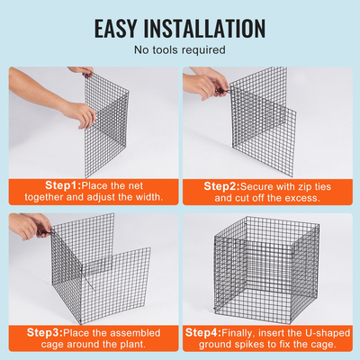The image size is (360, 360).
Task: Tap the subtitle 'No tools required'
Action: (180, 50)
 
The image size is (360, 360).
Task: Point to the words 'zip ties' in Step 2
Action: (304, 185)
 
